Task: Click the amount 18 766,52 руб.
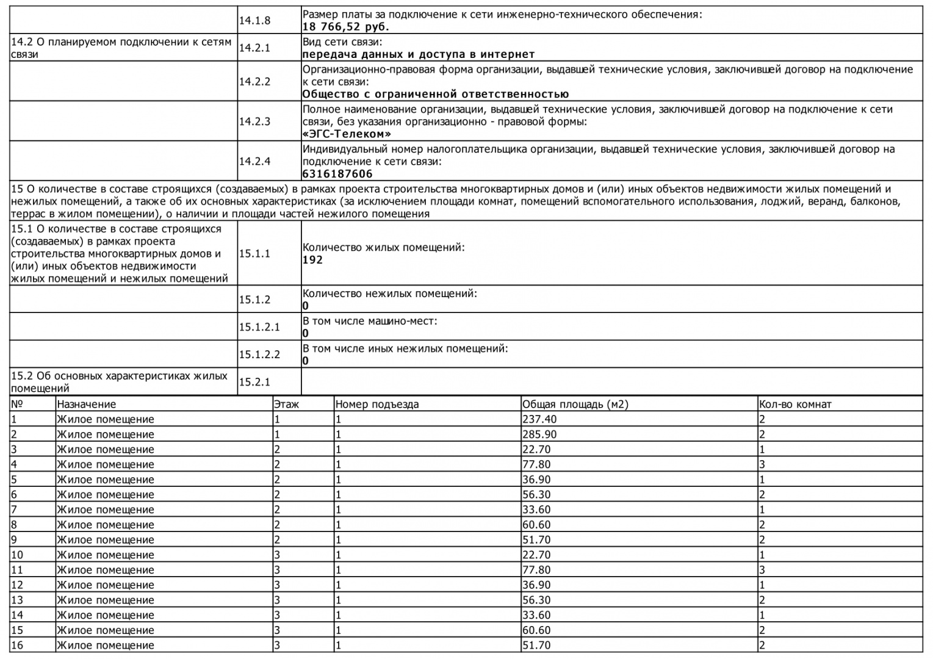345,27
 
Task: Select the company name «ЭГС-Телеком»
347,134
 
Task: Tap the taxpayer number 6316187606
337,174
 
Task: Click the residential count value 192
312,260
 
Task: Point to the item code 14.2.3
254,121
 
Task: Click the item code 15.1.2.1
259,327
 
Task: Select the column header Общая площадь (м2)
575,404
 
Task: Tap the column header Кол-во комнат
794,404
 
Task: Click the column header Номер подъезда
376,404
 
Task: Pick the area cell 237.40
539,419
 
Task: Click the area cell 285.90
539,434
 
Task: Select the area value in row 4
536,464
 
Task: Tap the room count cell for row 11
762,570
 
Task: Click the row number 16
17,645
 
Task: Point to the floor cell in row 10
277,555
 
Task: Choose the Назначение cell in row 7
105,510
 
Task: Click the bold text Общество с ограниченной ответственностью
435,94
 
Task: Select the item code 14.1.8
254,21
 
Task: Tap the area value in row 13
536,600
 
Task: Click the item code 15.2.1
254,382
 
